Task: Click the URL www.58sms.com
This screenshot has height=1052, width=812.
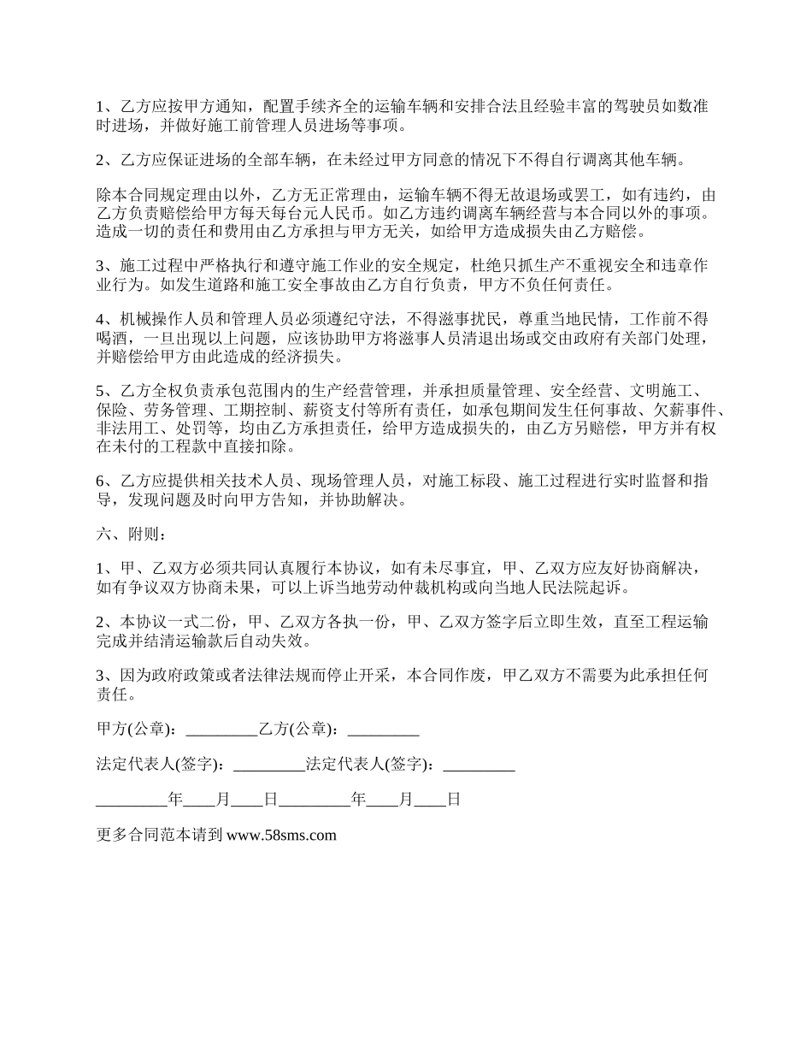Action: (281, 836)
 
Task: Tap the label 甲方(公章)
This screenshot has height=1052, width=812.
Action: (136, 730)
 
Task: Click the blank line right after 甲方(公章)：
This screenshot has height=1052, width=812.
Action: (221, 731)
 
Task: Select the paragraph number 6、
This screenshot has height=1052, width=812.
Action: (108, 482)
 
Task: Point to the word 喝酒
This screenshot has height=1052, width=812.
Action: (112, 338)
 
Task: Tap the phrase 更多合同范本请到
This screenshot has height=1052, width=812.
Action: (159, 836)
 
